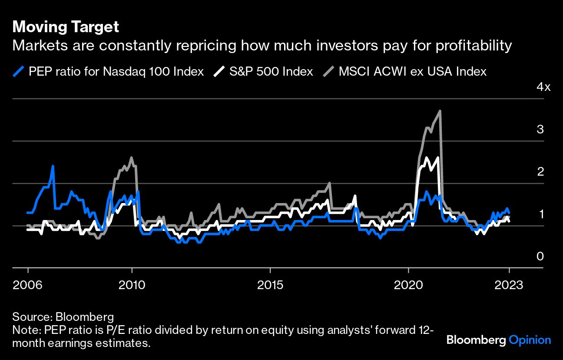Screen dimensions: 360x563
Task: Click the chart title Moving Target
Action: click(66, 27)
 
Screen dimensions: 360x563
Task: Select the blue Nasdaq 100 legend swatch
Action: click(19, 71)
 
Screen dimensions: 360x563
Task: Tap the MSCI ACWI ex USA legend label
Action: click(412, 71)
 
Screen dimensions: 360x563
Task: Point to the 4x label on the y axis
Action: click(543, 87)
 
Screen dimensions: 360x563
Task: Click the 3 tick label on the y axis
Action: click(540, 129)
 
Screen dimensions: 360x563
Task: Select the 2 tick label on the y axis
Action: click(540, 171)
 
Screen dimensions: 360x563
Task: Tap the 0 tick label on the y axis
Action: click(540, 256)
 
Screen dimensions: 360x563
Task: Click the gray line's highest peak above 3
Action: click(440, 111)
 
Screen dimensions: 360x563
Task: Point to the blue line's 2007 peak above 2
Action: click(53, 166)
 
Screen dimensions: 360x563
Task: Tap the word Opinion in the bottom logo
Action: click(530, 340)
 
